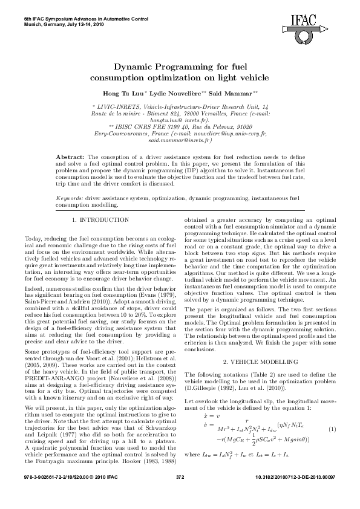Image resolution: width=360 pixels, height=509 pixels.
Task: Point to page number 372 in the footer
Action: (x=180, y=494)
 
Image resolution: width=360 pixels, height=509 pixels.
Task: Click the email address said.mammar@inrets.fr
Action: (x=180, y=140)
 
